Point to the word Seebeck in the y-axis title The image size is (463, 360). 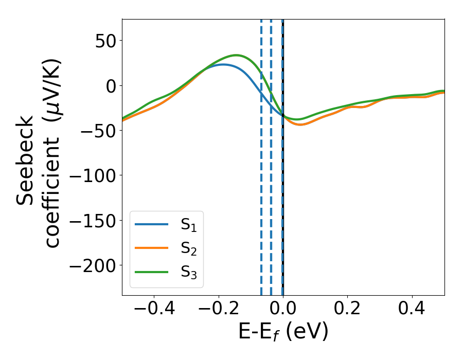(26, 160)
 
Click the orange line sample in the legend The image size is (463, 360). (151, 248)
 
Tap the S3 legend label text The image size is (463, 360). (189, 272)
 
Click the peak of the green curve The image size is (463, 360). (236, 55)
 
